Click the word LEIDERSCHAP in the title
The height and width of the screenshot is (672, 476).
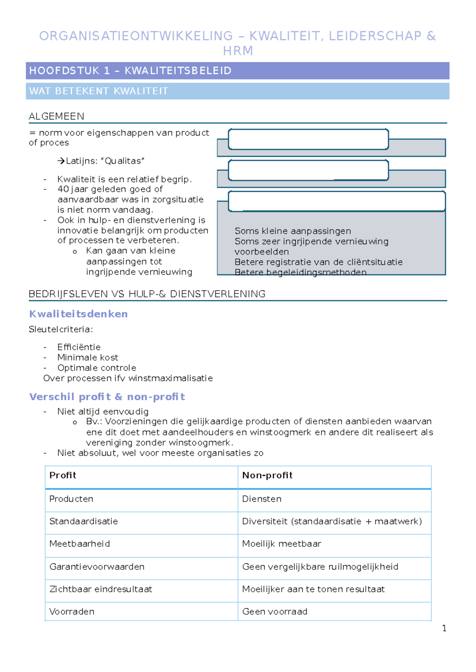tap(375, 36)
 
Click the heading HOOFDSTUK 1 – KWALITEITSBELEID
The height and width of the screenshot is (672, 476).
tap(130, 71)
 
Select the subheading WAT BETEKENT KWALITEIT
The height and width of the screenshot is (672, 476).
tap(98, 91)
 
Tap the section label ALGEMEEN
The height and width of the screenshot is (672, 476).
tap(56, 116)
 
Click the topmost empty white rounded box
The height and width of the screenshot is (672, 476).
tap(308, 139)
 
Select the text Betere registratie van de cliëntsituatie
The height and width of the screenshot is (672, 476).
tap(318, 262)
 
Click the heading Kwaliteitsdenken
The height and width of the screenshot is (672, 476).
tap(78, 314)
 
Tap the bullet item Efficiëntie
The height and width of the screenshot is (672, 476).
tap(79, 347)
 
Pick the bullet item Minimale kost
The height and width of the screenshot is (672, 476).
tap(87, 357)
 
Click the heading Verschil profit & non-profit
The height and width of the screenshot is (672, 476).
tap(107, 397)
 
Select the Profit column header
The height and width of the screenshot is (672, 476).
tap(63, 475)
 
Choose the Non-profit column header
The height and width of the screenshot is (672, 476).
tap(267, 475)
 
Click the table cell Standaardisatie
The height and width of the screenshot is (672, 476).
tap(83, 521)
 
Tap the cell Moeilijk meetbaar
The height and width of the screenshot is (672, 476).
tap(281, 544)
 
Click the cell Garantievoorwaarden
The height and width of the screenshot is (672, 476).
tap(96, 567)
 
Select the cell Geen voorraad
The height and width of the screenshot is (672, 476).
tap(274, 612)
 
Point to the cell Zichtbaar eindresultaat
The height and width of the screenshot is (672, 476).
tap(100, 589)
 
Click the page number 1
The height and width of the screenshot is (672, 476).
tap(444, 628)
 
